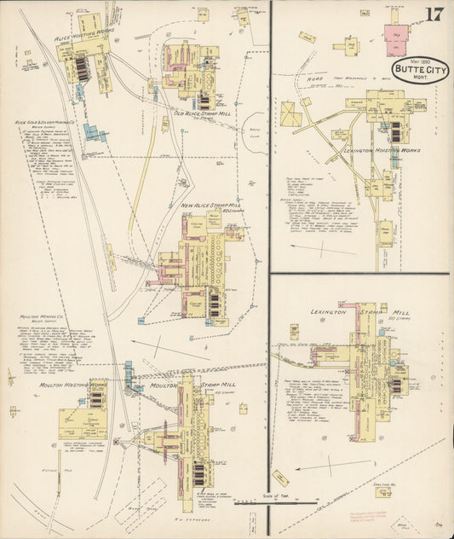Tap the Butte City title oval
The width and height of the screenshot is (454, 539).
(x=414, y=70)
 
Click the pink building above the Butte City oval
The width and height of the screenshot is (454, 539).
(x=397, y=39)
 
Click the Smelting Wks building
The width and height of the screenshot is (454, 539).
(x=383, y=492)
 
